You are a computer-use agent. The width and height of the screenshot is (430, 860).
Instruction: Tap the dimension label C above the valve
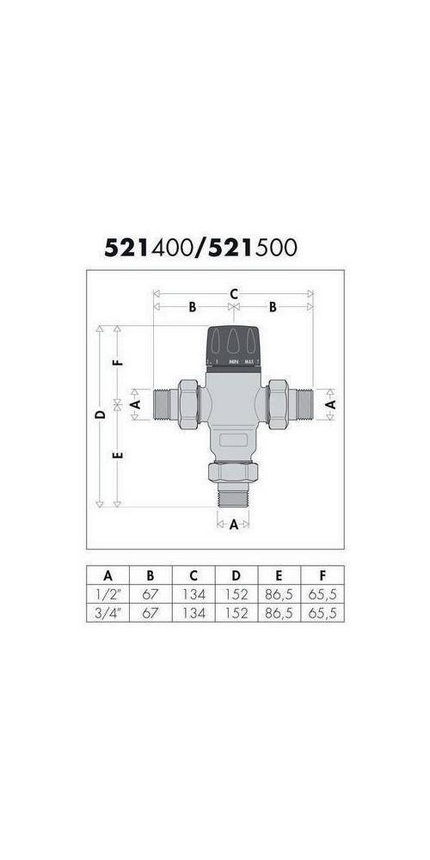point(233,294)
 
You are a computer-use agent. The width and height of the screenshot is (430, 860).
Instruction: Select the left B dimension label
point(193,307)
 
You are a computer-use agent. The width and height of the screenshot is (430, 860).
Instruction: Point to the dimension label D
point(101,415)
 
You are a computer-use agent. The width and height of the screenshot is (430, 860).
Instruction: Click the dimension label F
point(120,362)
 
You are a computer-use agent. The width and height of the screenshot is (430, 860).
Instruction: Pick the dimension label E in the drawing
point(120,453)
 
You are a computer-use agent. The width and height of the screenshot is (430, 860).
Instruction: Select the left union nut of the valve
point(187,402)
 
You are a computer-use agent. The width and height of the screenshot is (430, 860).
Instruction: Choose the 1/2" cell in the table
point(107,593)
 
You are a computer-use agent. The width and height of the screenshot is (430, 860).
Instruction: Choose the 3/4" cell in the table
point(107,612)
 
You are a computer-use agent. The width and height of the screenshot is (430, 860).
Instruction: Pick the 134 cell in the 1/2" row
point(193,593)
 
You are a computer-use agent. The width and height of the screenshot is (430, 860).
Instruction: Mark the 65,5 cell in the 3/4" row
point(322,612)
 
